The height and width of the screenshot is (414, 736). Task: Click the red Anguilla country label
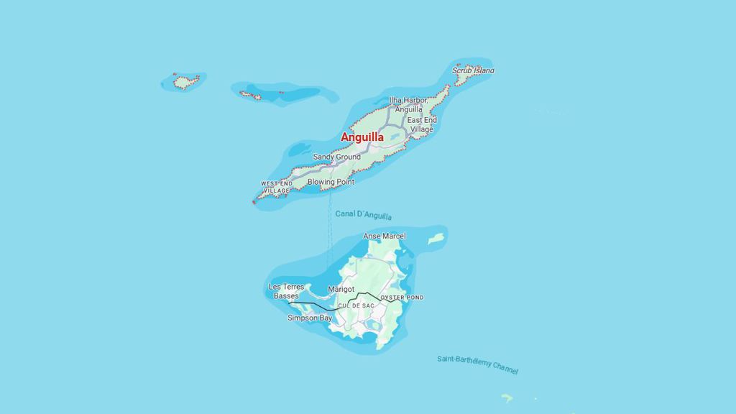click(362, 137)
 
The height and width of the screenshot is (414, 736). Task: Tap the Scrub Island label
click(473, 70)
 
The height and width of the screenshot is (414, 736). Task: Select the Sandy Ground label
click(336, 157)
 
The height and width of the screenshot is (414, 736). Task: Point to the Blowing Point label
click(331, 182)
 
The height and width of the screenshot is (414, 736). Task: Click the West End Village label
click(276, 187)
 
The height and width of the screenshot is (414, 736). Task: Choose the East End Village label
click(421, 124)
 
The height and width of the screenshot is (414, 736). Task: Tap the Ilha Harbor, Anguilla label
click(408, 104)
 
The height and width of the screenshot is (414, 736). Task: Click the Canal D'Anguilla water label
click(363, 215)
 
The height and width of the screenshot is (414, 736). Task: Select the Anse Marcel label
click(384, 236)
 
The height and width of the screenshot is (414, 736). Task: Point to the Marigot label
click(341, 289)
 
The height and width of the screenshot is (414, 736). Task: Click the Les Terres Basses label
click(286, 291)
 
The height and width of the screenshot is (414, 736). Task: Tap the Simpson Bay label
click(310, 318)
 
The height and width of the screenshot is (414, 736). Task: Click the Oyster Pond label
click(402, 298)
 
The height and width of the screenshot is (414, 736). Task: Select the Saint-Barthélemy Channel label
click(477, 364)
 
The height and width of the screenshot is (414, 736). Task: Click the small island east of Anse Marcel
click(436, 238)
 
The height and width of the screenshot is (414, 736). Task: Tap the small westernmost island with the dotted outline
click(185, 82)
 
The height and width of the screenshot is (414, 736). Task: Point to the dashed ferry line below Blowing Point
click(330, 230)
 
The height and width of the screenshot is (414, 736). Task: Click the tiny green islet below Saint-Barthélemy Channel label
click(507, 397)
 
